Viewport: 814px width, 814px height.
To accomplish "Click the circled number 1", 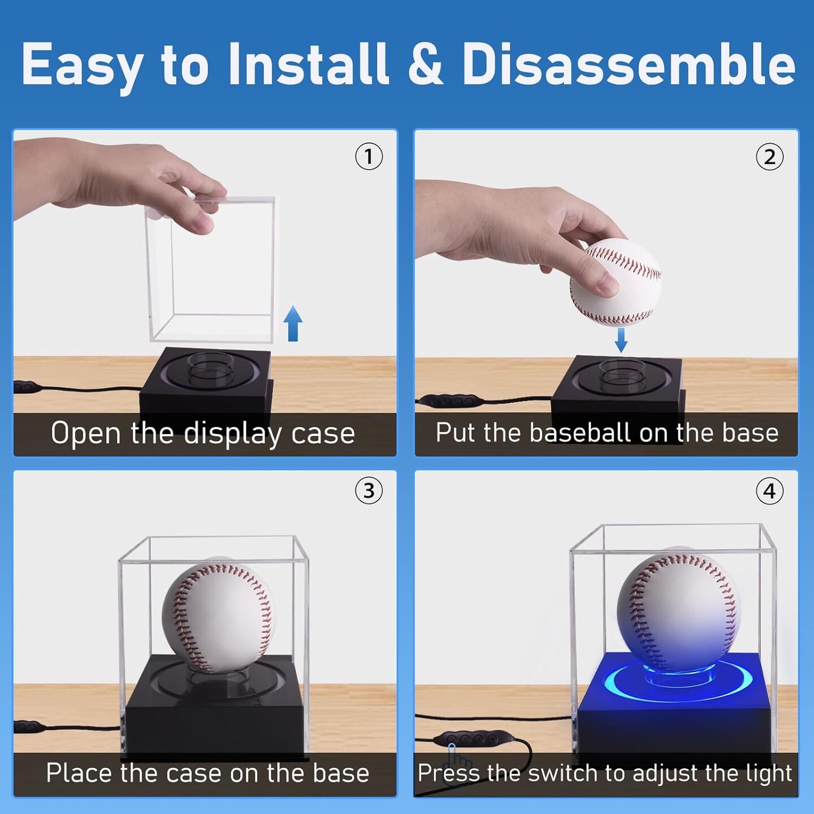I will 369,157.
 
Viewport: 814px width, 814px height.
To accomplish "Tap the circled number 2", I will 769,157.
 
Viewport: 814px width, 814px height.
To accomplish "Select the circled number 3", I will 369,491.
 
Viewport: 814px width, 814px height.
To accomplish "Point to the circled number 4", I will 769,491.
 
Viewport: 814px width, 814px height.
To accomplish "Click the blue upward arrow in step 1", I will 293,323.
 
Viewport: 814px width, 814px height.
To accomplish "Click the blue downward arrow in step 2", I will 621,339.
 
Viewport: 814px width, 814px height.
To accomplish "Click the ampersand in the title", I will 425,65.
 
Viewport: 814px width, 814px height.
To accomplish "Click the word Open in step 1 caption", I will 85,434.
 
